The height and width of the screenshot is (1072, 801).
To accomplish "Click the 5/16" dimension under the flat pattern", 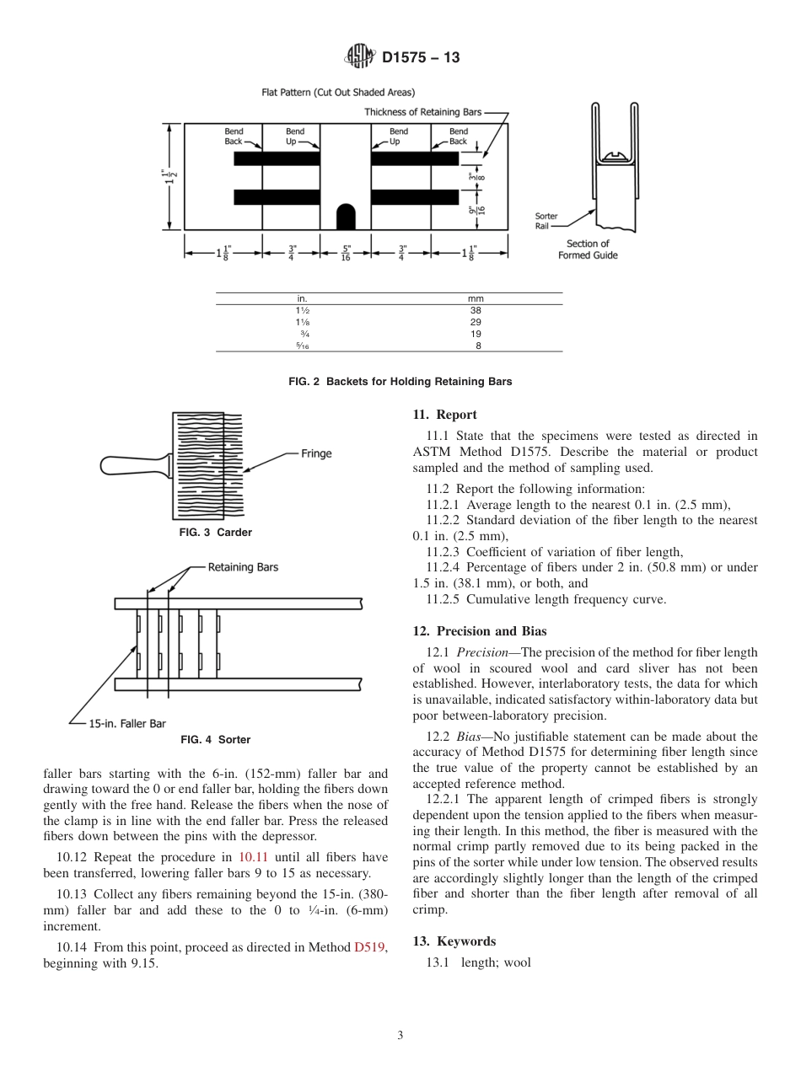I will [x=346, y=251].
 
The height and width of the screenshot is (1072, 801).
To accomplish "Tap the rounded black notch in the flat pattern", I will [x=346, y=217].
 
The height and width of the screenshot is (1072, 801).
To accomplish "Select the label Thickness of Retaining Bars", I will [x=423, y=112].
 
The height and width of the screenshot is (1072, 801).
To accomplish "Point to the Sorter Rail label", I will [x=546, y=221].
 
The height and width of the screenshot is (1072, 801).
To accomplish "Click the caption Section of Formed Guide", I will [x=588, y=249].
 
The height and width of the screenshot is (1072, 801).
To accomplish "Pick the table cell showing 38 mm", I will [x=476, y=310].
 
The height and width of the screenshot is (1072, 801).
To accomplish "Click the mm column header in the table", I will [x=476, y=298].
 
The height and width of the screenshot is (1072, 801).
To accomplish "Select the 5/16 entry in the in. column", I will [x=302, y=346].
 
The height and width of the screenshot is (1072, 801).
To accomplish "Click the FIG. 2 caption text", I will [x=400, y=382].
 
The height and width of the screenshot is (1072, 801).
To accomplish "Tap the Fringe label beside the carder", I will [x=316, y=453].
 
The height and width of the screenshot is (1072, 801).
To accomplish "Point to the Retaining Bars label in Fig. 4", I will [x=243, y=567].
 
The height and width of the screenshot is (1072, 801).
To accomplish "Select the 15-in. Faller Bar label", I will [x=127, y=723].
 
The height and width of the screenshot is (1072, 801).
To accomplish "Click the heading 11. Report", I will [x=444, y=415].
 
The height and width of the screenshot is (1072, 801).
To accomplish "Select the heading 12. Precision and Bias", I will [x=479, y=631].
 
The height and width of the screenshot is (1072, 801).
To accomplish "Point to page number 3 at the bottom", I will [x=400, y=1036].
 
